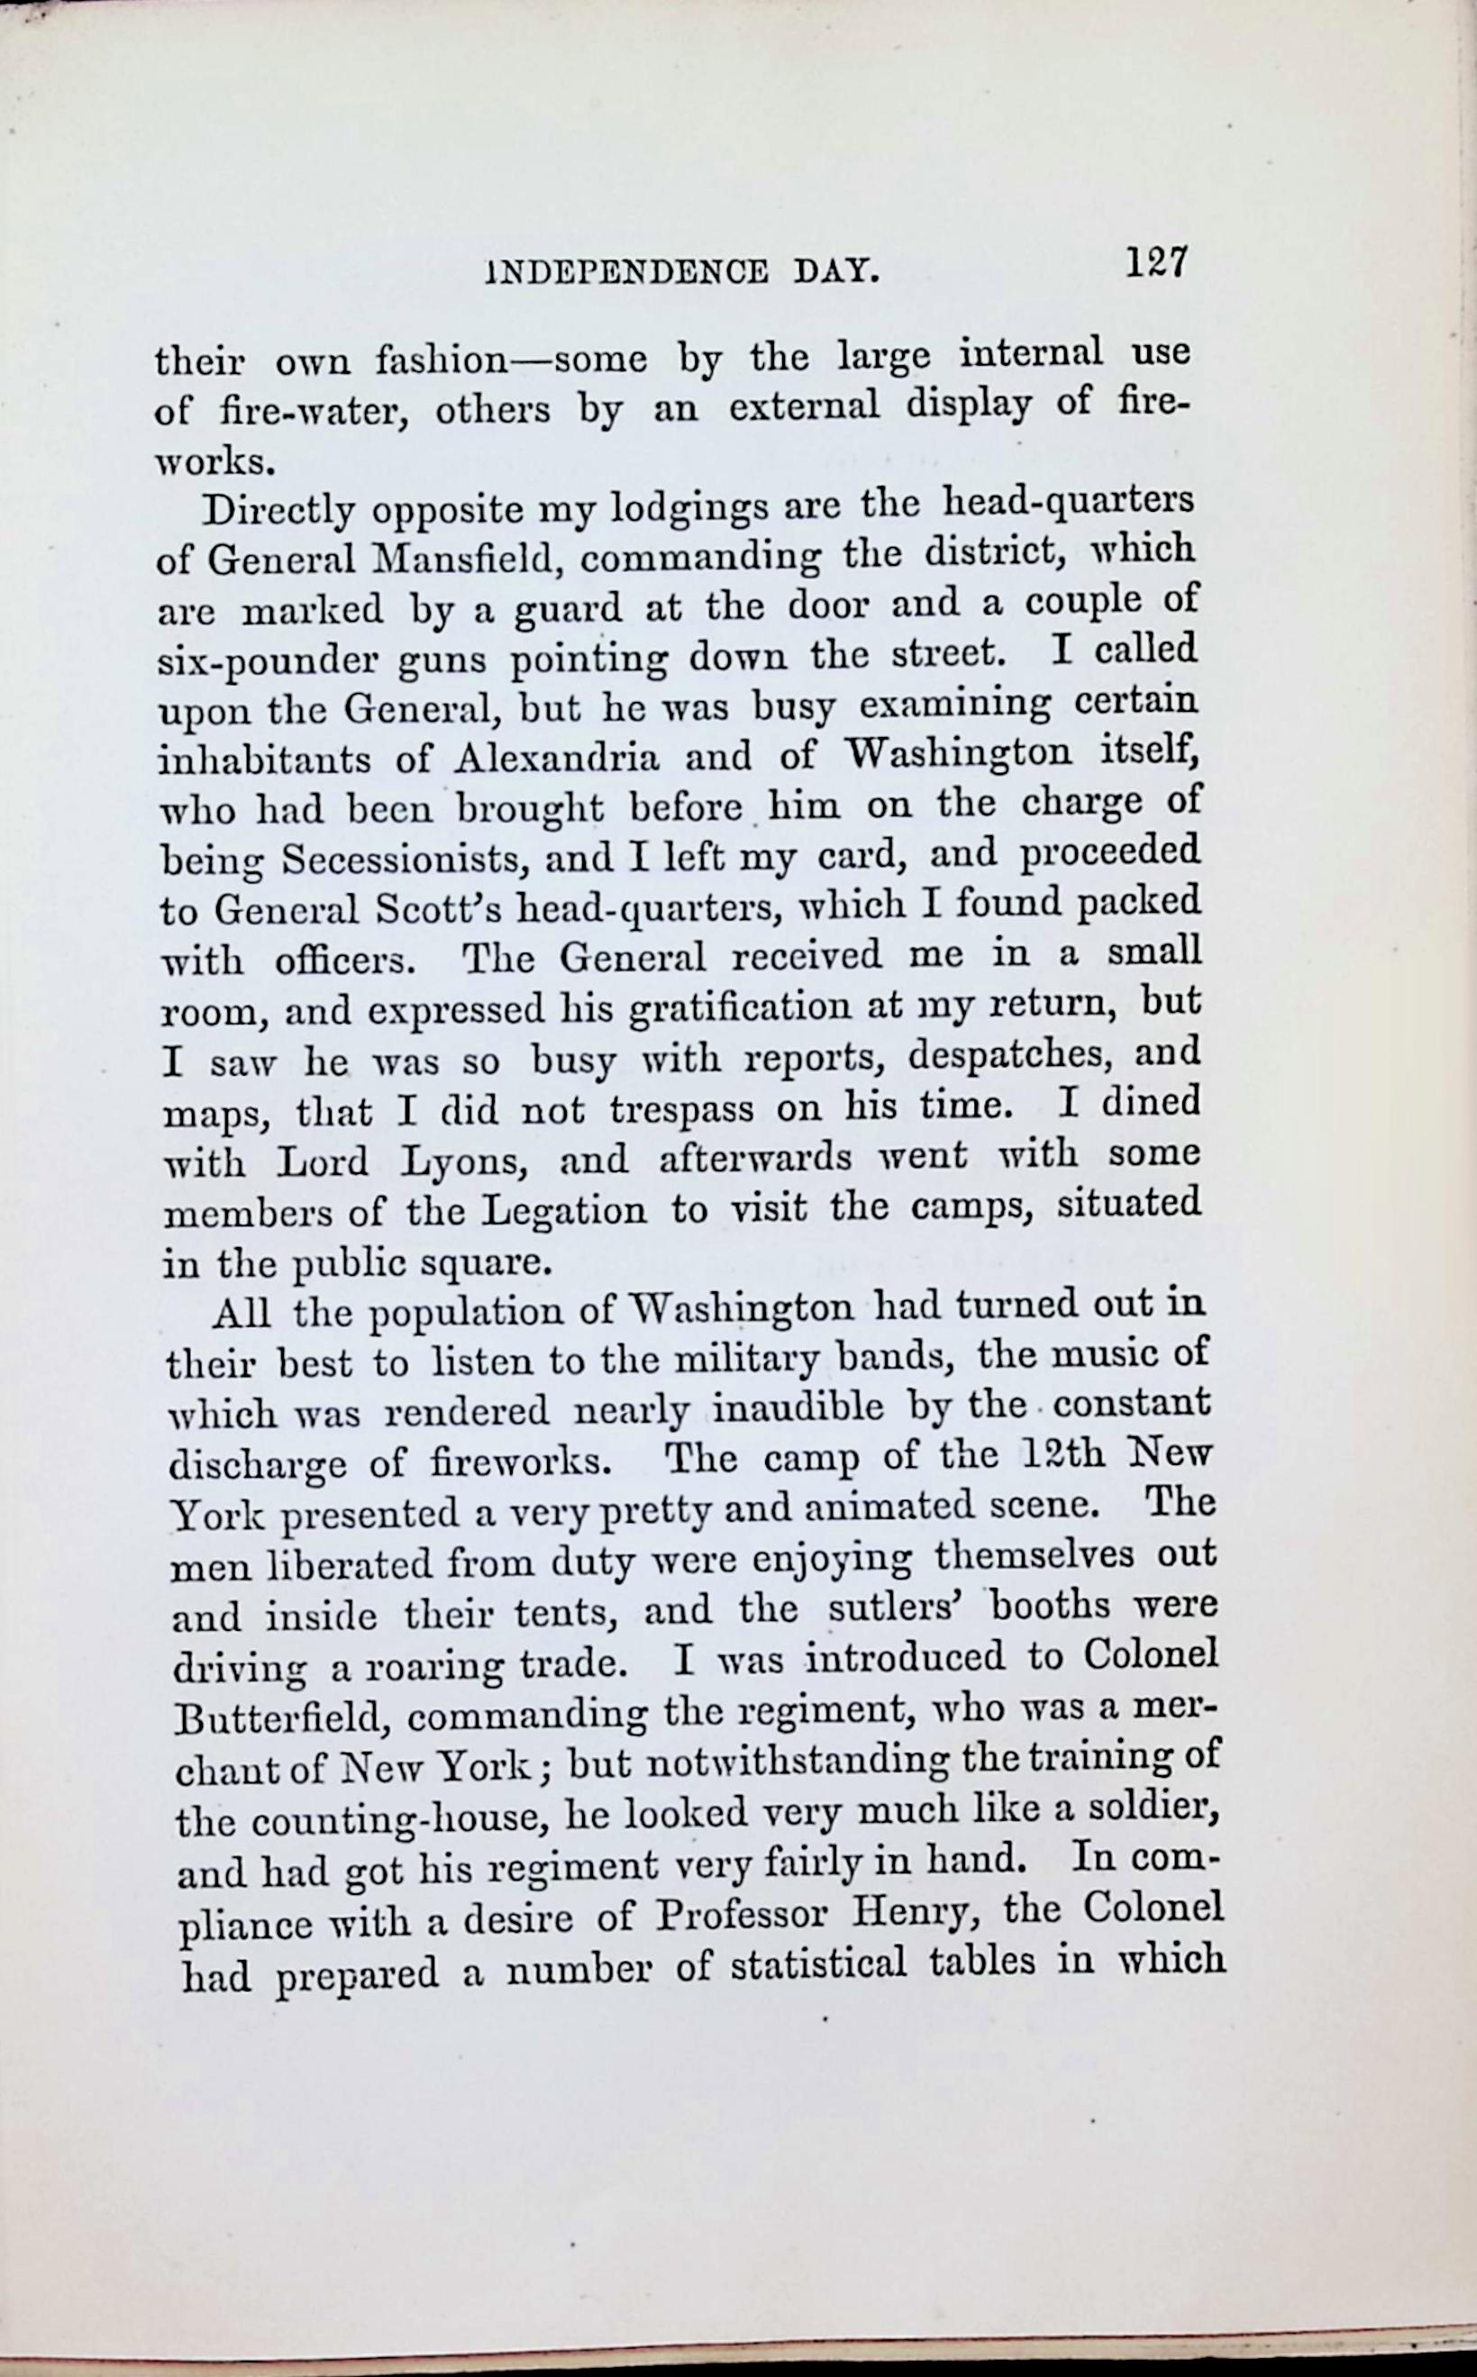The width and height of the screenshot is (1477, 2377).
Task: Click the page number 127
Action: click(x=1155, y=263)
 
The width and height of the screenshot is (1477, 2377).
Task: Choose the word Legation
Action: click(x=566, y=1212)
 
